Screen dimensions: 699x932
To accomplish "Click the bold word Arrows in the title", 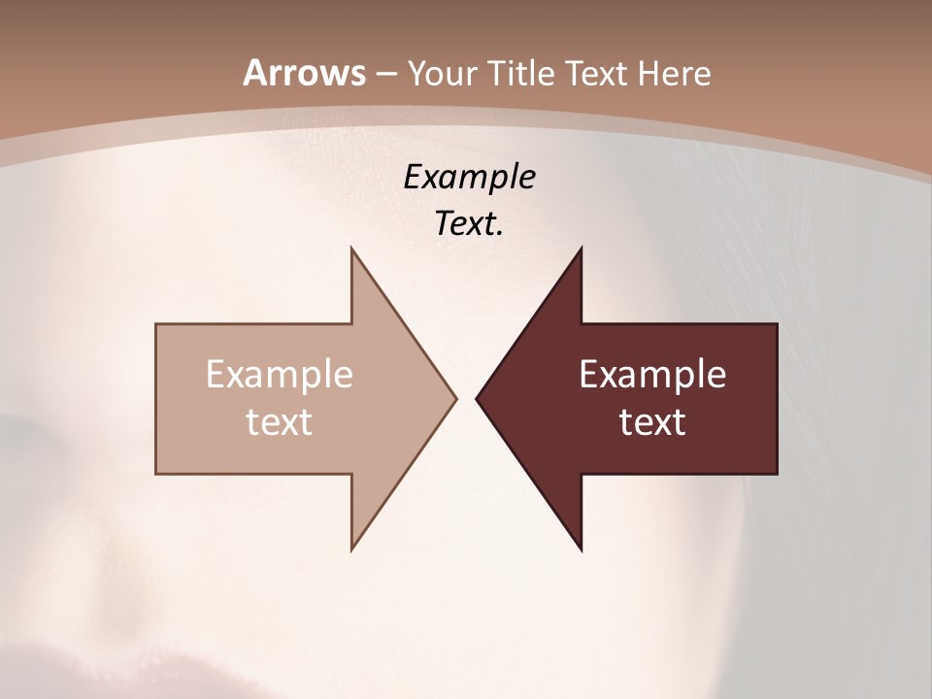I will (304, 73).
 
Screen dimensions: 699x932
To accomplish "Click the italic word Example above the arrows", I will (469, 177).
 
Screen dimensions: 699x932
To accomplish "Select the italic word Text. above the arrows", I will (469, 223).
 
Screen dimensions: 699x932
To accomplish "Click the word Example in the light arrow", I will (280, 375).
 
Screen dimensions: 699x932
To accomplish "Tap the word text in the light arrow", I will (280, 422).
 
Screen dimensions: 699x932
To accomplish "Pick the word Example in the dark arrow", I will (652, 375).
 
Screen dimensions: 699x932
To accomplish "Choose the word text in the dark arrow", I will (652, 422).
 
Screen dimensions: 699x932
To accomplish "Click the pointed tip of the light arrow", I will (454, 398).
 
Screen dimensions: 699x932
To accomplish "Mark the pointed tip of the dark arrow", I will (478, 398).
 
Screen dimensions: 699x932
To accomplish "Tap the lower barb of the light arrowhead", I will (353, 546).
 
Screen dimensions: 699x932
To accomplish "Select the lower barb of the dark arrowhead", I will (580, 546).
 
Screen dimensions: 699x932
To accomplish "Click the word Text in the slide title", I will (597, 74).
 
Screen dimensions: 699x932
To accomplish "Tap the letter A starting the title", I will (254, 73).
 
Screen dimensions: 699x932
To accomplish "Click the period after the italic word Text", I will (500, 233).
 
